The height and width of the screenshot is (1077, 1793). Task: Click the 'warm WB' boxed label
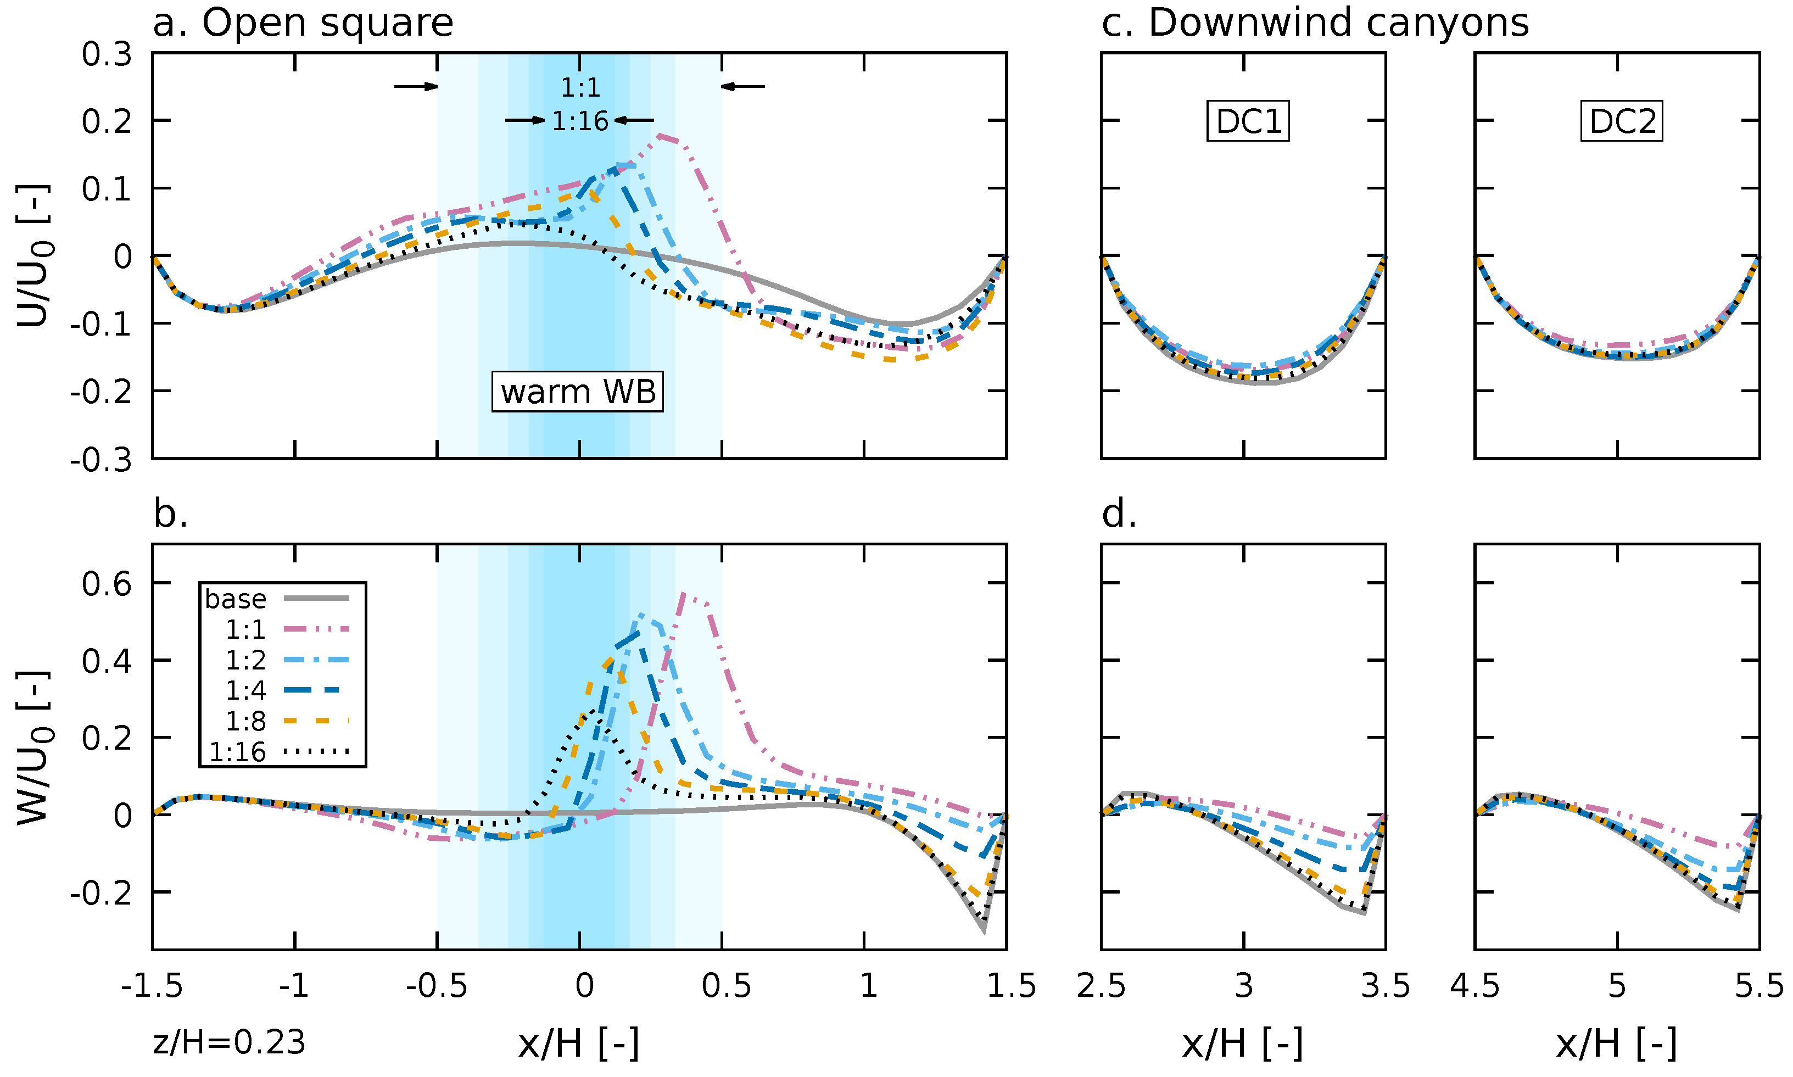[578, 392]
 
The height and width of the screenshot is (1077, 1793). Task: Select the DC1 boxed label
[1248, 121]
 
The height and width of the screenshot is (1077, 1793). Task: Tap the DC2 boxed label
[1621, 121]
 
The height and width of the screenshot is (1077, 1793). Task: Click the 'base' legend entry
[276, 599]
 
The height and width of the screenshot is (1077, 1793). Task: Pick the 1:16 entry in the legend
[276, 752]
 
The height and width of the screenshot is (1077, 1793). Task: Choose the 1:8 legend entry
[276, 721]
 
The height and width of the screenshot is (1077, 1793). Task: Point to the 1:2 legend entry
[276, 660]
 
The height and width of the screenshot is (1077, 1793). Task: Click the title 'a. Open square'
[303, 23]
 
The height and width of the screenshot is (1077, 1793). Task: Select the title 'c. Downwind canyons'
[1315, 23]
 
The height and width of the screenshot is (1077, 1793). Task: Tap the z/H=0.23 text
[230, 1043]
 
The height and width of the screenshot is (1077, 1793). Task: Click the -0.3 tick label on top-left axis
[101, 460]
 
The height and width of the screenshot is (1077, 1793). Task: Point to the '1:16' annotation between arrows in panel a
[580, 121]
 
